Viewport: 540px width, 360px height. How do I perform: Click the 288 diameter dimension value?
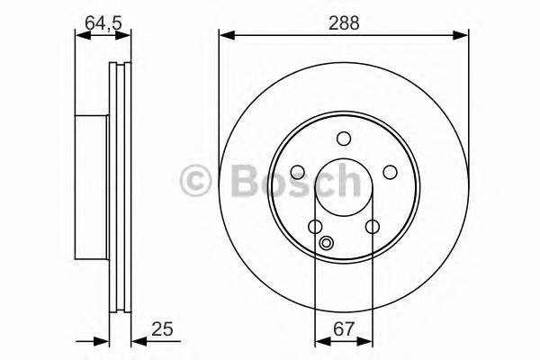[344, 24]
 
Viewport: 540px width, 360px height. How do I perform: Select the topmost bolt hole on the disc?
[343, 139]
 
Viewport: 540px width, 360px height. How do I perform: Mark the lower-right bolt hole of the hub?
[372, 226]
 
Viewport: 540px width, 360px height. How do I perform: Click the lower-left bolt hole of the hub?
[315, 226]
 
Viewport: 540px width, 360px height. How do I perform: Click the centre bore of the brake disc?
[343, 186]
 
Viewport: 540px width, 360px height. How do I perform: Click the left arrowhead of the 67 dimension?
[319, 341]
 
